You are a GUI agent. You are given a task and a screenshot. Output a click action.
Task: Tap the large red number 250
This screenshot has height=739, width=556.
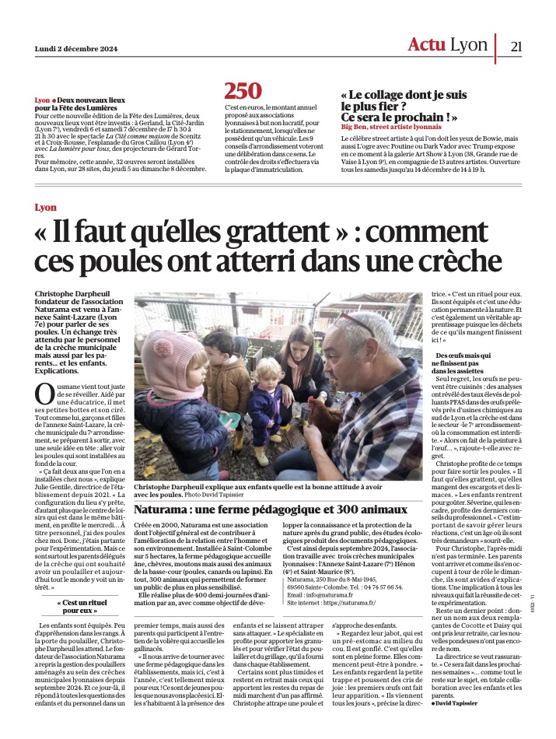pos(243,92)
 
